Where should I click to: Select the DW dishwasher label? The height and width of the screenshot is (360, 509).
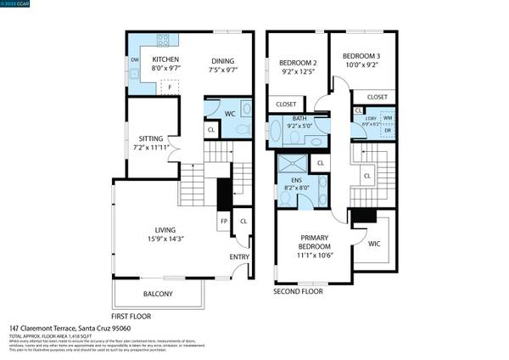pyautogui.click(x=135, y=60)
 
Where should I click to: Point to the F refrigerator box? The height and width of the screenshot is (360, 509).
pyautogui.click(x=171, y=87)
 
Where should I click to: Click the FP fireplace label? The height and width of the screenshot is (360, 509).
pyautogui.click(x=224, y=222)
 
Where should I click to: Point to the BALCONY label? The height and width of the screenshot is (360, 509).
pyautogui.click(x=158, y=294)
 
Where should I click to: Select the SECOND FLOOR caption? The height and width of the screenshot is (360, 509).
pyautogui.click(x=298, y=291)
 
